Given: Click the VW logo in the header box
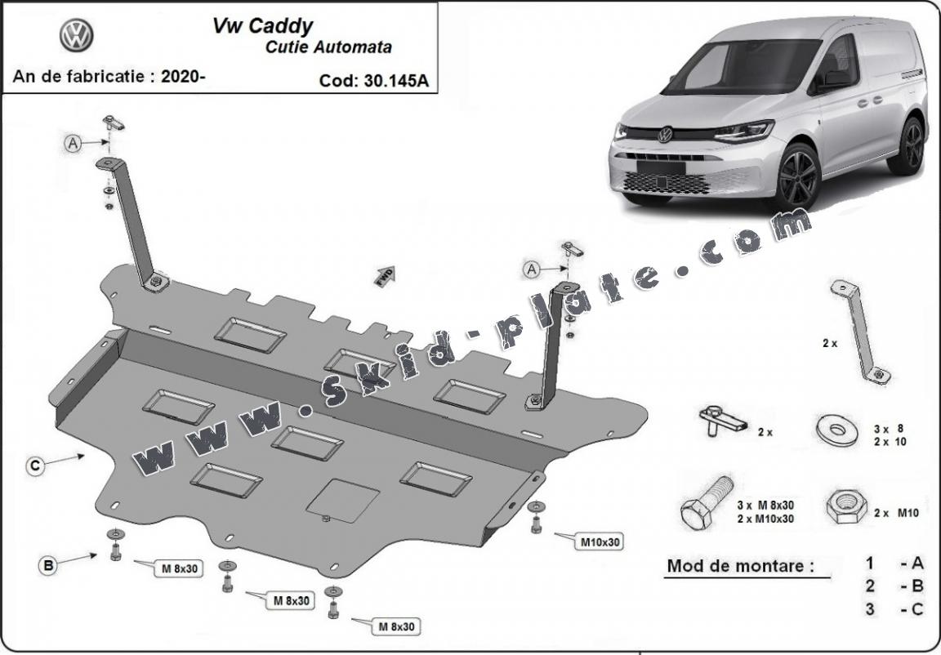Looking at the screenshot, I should coord(77,36).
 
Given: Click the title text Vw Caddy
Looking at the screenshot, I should coord(262,25).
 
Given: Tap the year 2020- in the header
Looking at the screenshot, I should coord(184,77).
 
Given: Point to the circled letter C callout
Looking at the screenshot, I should coord(35,466).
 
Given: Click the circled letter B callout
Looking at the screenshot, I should coord(48,564).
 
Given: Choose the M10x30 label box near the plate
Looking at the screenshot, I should coord(602,541).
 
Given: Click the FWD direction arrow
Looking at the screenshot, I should coord(385,274).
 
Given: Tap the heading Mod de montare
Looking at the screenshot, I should coord(740,565).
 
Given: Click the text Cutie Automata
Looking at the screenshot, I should coord(328,47).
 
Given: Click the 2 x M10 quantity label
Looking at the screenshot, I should coord(896,513).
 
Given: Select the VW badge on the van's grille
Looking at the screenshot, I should coord(665,134).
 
